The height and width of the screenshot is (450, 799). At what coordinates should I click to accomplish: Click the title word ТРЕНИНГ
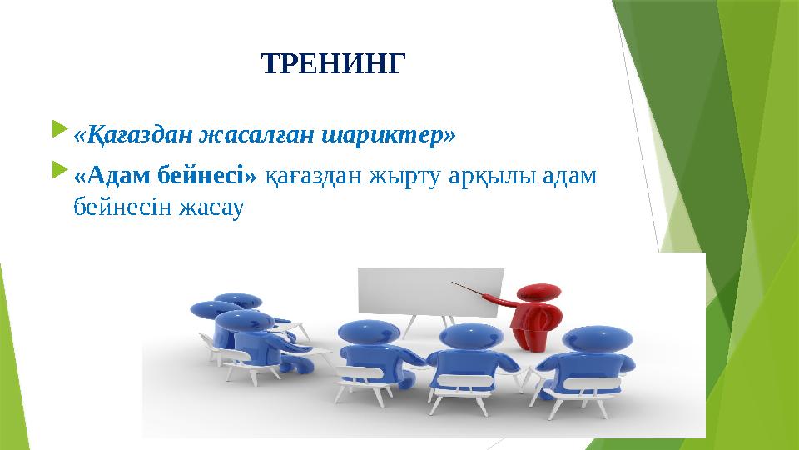tap(336, 63)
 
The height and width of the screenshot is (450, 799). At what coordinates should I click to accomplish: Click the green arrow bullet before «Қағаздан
tap(57, 131)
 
